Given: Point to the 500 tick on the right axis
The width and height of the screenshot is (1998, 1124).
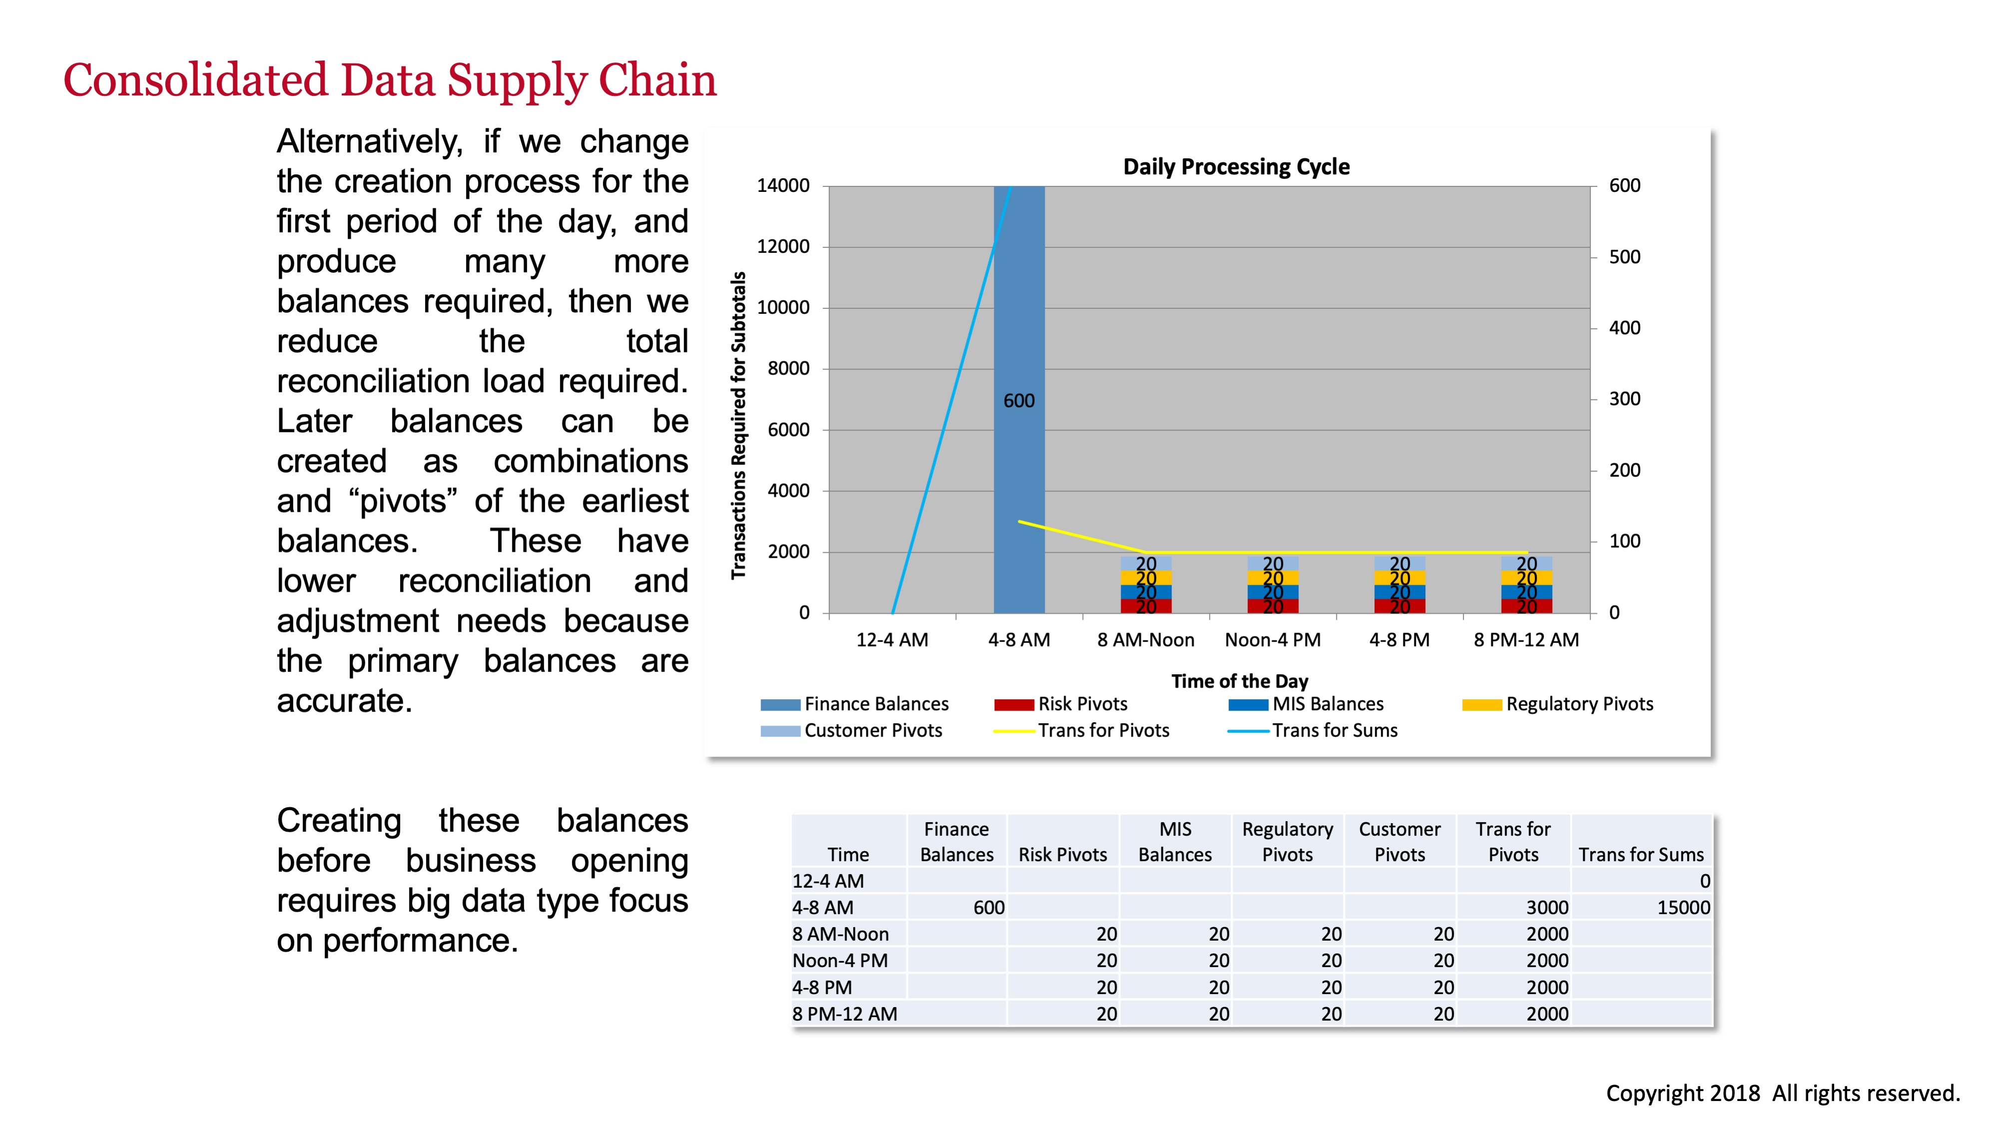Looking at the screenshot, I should (x=1624, y=257).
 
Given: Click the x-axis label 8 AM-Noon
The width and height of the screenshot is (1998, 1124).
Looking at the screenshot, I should (x=1146, y=640).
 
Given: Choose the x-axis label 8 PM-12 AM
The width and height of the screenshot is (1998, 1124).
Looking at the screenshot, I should (x=1526, y=640).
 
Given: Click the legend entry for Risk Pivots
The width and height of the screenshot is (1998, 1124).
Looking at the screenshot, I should (x=1082, y=704).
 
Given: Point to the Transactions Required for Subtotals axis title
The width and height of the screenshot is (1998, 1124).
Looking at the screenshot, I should (x=738, y=425).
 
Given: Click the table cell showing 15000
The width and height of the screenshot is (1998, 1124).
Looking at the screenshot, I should (x=1683, y=908).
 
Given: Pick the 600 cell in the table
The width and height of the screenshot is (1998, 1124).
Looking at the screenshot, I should (x=988, y=908).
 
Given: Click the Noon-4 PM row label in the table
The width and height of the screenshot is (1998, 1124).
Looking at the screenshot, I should (x=840, y=961).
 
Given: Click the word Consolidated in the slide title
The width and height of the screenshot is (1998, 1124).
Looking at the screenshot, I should (x=195, y=80).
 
